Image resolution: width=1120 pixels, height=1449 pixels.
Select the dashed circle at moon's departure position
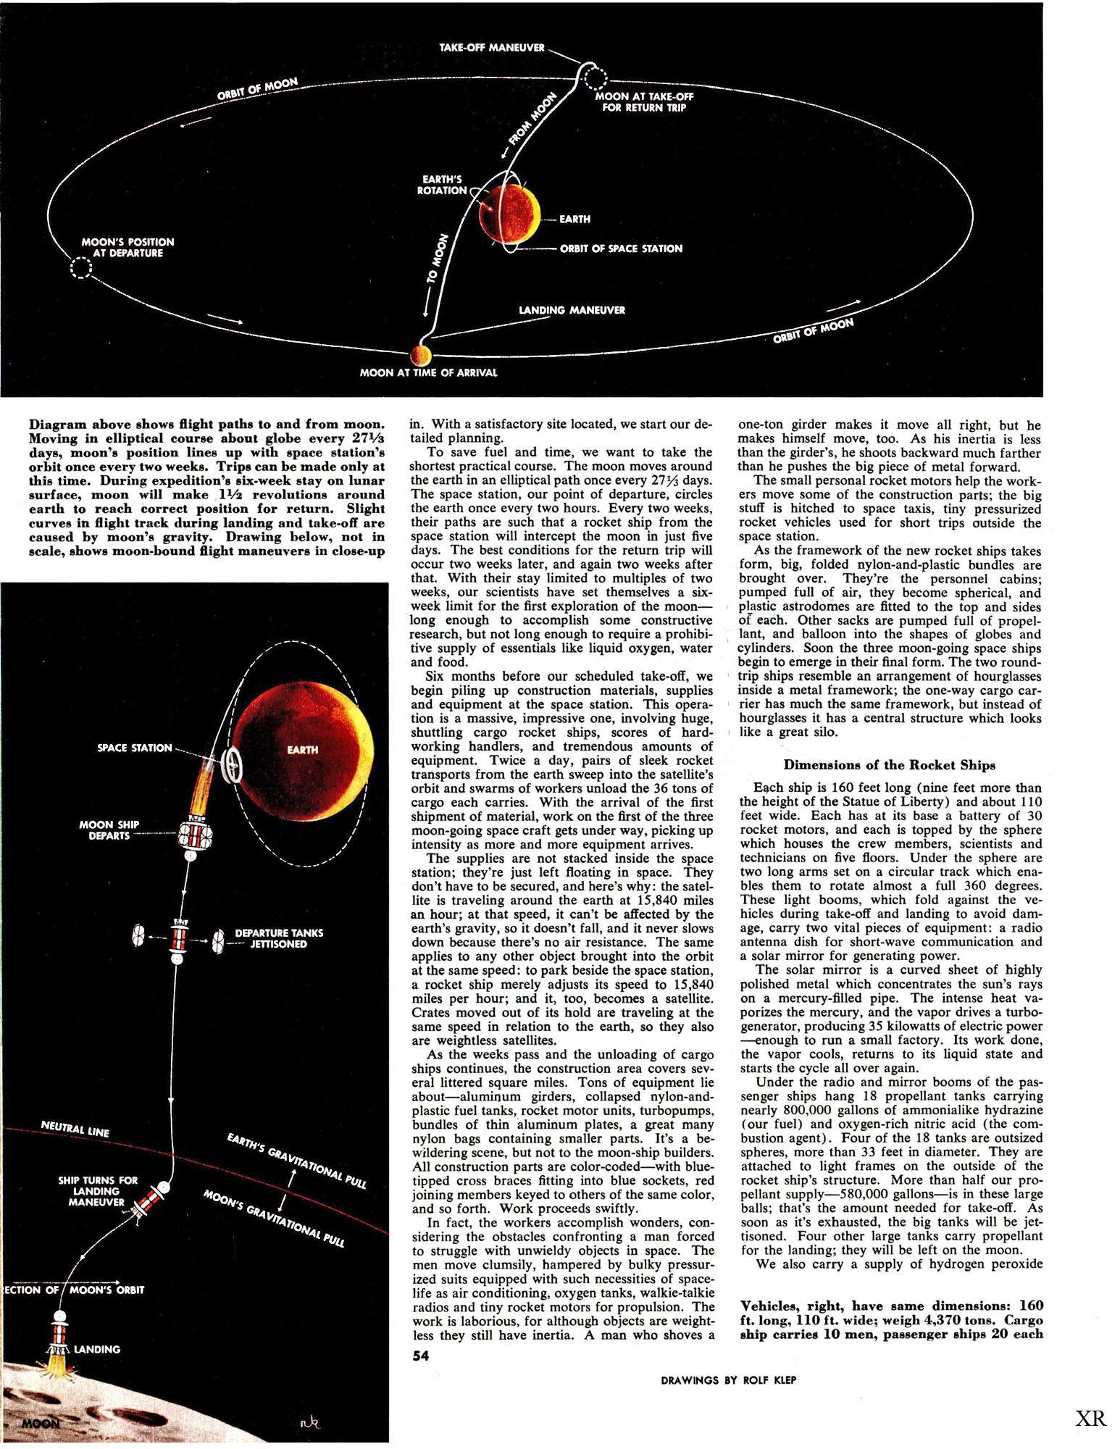click(80, 269)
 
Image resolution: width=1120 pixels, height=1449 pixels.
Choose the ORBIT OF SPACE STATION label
click(621, 249)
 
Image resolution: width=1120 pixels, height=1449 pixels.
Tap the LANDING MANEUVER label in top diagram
click(572, 310)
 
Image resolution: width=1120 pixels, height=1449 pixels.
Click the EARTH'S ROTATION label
click(442, 185)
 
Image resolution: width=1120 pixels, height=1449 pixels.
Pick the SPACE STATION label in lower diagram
click(134, 747)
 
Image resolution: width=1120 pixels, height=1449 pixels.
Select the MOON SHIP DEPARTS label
click(109, 830)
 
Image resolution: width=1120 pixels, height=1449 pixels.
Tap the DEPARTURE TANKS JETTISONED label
click(279, 938)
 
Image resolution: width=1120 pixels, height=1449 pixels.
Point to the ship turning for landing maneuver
click(153, 1199)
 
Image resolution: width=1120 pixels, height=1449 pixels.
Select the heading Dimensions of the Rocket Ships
click(890, 764)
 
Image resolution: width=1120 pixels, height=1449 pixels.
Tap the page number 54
click(421, 1355)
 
